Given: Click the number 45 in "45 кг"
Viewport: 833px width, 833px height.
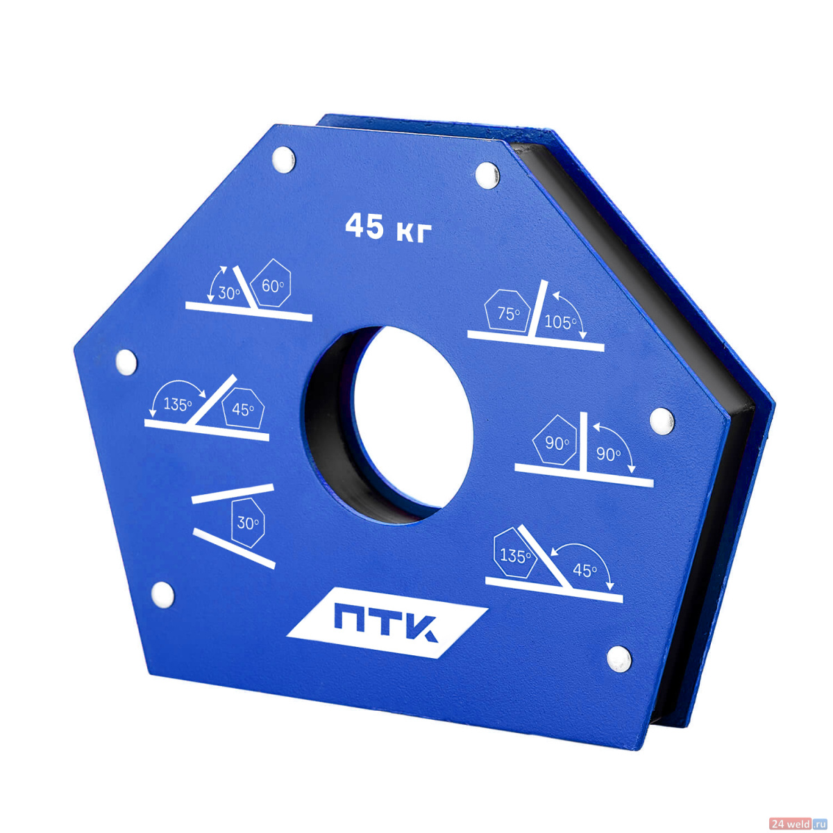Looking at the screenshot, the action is [364, 226].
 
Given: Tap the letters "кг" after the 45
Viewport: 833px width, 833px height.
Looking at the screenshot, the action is [414, 231].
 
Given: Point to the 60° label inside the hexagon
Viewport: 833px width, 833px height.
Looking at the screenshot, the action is [273, 286].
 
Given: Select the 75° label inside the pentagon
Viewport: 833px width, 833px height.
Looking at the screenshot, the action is [508, 313].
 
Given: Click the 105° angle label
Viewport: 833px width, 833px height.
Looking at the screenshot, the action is [560, 322].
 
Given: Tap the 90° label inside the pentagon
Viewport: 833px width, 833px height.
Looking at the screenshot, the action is [557, 443].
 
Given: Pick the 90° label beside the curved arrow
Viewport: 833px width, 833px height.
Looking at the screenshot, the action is [609, 454].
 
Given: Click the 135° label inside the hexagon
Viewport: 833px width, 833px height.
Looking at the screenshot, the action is [515, 556].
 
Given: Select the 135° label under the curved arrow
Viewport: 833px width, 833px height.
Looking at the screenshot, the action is [177, 404].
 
